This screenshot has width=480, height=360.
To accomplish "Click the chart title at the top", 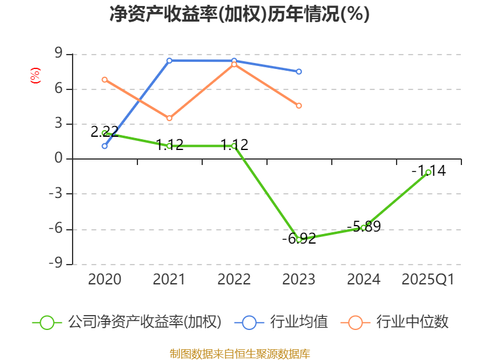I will (239, 14).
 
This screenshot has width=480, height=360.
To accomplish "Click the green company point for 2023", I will (299, 239).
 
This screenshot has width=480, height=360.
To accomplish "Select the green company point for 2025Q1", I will (428, 172).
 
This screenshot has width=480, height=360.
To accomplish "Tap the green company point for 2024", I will (364, 227).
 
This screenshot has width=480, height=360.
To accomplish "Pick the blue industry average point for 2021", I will (169, 61).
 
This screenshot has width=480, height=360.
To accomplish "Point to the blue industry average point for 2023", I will (299, 71).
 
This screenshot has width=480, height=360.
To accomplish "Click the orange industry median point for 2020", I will (104, 79).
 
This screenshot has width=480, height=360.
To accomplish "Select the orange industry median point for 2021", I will (169, 118).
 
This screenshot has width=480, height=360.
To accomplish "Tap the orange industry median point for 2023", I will (299, 106).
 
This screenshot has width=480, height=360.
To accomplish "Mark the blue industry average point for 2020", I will (104, 146).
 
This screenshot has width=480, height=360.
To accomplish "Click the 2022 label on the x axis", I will (234, 280).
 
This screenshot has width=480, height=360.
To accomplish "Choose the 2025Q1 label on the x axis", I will (428, 280).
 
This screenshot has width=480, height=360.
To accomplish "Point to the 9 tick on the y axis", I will (58, 55).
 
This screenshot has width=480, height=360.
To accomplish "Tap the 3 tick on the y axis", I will (58, 124).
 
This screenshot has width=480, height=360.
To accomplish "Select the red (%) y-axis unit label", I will (35, 76).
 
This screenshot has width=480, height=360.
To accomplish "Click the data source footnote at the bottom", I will (239, 353).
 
